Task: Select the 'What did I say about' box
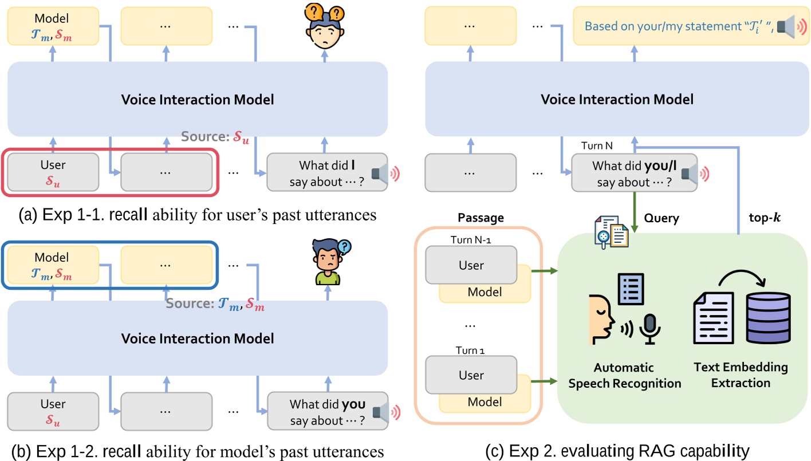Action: pos(327,171)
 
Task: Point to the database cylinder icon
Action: pos(768,318)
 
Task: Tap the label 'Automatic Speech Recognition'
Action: pos(624,375)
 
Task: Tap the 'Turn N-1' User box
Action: pos(471,265)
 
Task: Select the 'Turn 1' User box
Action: pos(471,375)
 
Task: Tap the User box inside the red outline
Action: pos(53,171)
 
